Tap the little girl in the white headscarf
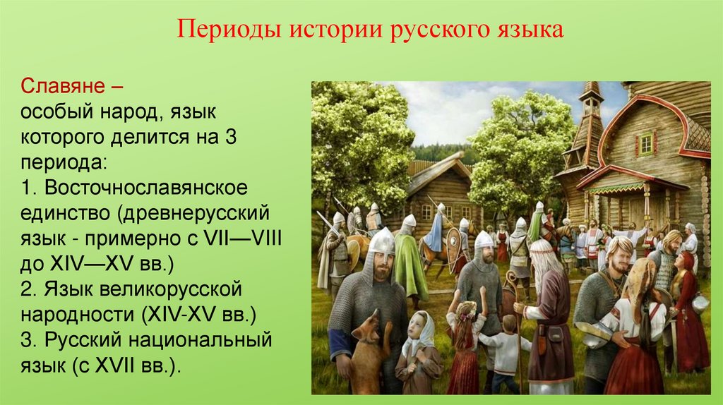(x=417, y=349)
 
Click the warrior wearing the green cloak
(x=409, y=258)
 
